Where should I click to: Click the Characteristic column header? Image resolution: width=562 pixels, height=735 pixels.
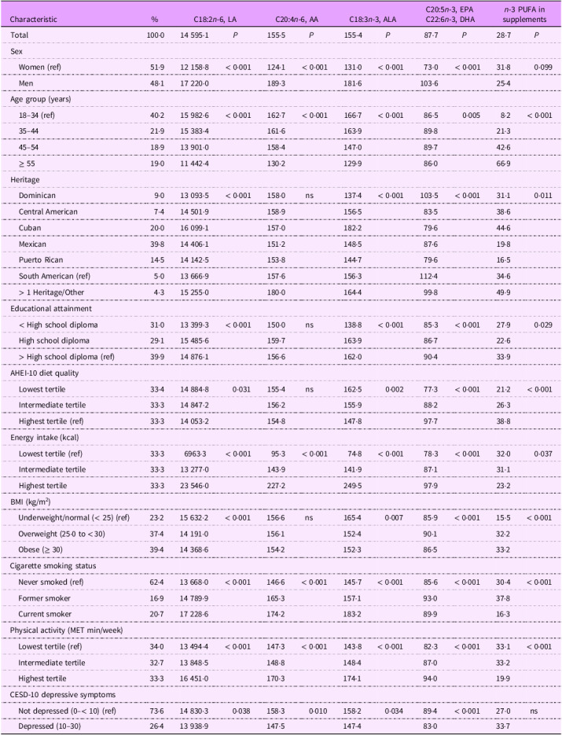click(x=33, y=19)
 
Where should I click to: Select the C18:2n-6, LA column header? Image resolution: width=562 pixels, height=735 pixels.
click(x=215, y=19)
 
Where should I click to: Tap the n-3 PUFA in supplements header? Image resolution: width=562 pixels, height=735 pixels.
click(x=524, y=14)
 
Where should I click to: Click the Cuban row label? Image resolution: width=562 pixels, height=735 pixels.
click(x=30, y=228)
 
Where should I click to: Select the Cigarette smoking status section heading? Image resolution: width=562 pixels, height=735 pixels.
click(x=53, y=566)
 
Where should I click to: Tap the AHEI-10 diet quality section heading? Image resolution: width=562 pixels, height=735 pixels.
click(x=45, y=373)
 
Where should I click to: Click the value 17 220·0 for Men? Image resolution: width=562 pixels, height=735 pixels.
click(x=194, y=83)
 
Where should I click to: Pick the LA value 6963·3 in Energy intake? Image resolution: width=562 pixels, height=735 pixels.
click(x=197, y=454)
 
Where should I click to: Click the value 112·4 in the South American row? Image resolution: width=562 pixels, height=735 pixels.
click(x=429, y=276)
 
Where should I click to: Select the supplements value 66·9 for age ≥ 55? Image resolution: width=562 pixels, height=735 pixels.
click(x=503, y=164)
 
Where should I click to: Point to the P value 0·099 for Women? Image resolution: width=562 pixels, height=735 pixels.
click(x=543, y=67)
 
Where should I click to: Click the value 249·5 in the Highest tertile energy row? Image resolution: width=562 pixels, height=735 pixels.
click(x=352, y=486)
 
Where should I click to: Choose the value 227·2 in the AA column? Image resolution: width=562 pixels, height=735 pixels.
click(x=276, y=486)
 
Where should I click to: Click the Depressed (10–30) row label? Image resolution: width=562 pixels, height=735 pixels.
click(x=42, y=726)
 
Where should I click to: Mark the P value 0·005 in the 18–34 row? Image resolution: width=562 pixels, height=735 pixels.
click(x=471, y=116)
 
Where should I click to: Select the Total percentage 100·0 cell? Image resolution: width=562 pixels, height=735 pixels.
click(x=156, y=35)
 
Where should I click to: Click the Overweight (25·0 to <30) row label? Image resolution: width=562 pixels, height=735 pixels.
click(x=62, y=534)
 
